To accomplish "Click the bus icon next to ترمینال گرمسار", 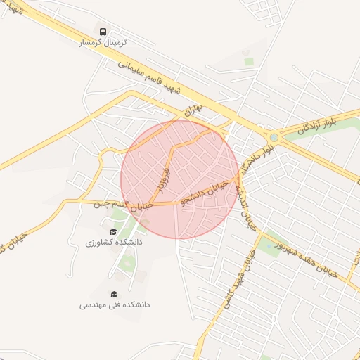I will pos(103,32).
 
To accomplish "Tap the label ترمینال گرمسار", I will pos(103,43).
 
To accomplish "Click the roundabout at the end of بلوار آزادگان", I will pos(273,136).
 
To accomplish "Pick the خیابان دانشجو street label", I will pos(204,191).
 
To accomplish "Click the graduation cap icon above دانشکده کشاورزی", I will pos(113,231).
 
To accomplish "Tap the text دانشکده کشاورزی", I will pos(114,242).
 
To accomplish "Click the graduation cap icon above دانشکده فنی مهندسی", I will pos(114,294).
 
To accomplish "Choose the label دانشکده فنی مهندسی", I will pos(114,305).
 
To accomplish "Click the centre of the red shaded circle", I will pos(180,179).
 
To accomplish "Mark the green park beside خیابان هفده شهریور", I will pos(269,243).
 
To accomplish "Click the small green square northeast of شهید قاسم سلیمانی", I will pos(248,61).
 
